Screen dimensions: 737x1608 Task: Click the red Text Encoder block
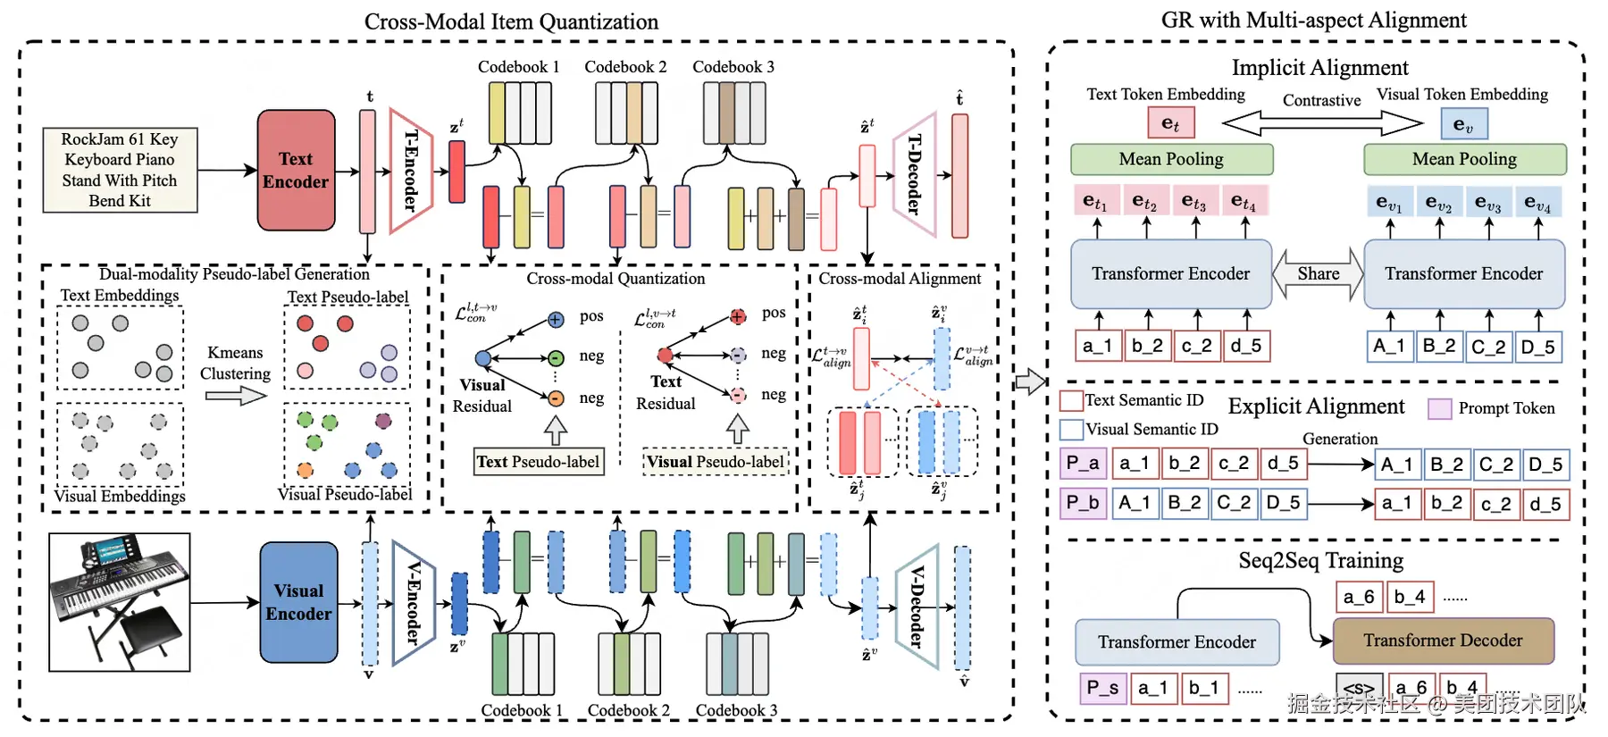[x=296, y=170]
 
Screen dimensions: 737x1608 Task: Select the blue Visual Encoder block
[x=298, y=602]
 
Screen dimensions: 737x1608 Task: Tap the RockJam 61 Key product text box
[x=120, y=170]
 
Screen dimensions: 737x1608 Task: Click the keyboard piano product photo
[x=120, y=602]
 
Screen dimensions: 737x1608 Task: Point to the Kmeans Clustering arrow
[x=235, y=395]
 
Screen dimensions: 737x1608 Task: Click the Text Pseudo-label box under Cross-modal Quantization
[x=538, y=462]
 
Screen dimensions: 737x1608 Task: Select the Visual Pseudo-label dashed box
[x=716, y=462]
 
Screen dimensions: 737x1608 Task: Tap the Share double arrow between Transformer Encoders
[x=1318, y=274]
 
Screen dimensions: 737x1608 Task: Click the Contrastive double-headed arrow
[x=1321, y=121]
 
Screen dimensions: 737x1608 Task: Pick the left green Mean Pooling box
[x=1171, y=159]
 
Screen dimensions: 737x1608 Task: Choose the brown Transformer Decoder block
[x=1443, y=641]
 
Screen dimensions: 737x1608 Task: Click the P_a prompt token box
[x=1083, y=463]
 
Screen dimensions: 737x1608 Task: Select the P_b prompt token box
[x=1083, y=502]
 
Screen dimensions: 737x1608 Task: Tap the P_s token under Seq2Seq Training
[x=1102, y=688]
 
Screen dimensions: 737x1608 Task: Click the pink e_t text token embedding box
[x=1170, y=123]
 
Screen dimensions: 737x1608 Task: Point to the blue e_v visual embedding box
[x=1463, y=124]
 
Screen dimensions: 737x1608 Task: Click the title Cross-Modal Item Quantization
[x=511, y=21]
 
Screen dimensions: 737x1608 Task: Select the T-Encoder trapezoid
[x=410, y=171]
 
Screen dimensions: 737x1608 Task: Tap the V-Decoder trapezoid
[x=917, y=607]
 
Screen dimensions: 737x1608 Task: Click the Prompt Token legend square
[x=1439, y=409]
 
